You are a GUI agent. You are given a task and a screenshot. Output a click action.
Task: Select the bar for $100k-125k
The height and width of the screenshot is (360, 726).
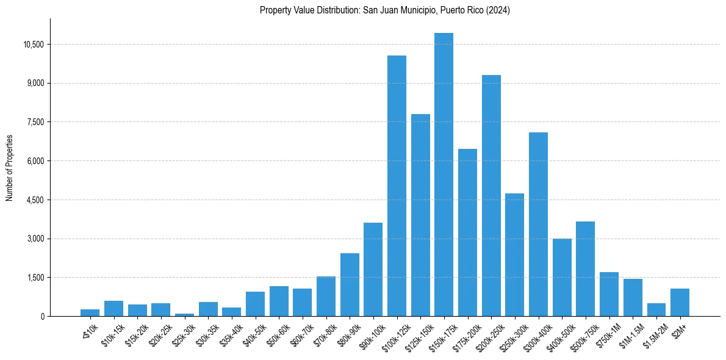[x=397, y=186]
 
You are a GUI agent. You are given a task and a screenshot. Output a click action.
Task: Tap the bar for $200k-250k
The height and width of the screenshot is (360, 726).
[x=491, y=195]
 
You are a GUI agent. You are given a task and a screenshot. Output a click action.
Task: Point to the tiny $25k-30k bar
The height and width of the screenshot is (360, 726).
[x=184, y=315]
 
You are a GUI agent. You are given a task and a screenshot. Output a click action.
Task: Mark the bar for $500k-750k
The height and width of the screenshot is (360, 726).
[x=585, y=268]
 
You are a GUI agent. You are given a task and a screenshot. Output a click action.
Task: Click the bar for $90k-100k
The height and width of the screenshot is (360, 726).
[x=373, y=269]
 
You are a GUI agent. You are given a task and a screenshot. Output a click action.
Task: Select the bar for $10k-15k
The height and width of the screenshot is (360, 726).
[x=113, y=309]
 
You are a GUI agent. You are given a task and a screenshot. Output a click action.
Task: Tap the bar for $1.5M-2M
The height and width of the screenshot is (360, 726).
[x=656, y=310]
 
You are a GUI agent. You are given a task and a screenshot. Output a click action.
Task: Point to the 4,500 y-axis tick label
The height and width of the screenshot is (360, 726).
[x=36, y=200]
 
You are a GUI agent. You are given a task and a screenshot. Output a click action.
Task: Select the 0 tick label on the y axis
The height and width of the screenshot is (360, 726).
[x=43, y=317]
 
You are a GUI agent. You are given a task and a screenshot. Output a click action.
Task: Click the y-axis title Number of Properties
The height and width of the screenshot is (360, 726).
[x=10, y=167]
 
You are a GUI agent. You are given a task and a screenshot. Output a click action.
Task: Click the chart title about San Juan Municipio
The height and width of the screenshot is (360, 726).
[x=384, y=10]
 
